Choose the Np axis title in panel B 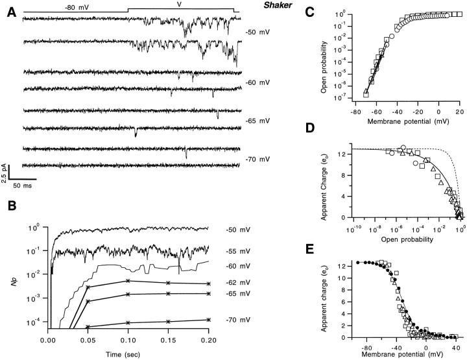11,282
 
